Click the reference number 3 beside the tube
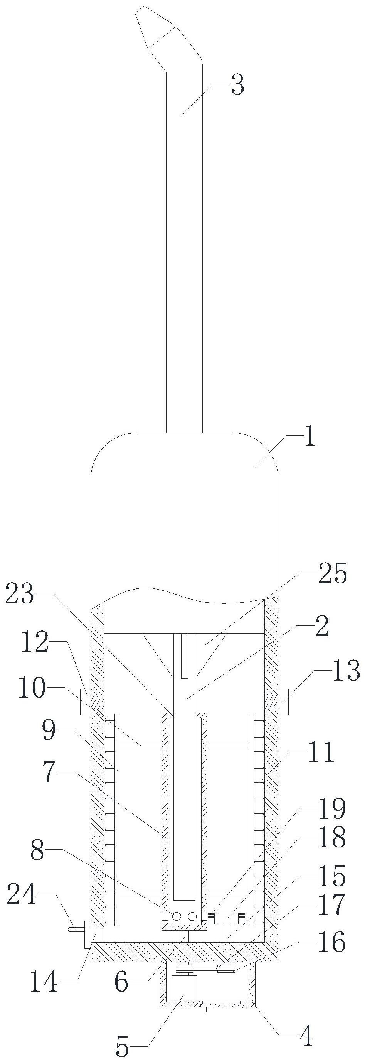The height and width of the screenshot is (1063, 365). pyautogui.click(x=237, y=85)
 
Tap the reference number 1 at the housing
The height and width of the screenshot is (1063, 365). pyautogui.click(x=310, y=438)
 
